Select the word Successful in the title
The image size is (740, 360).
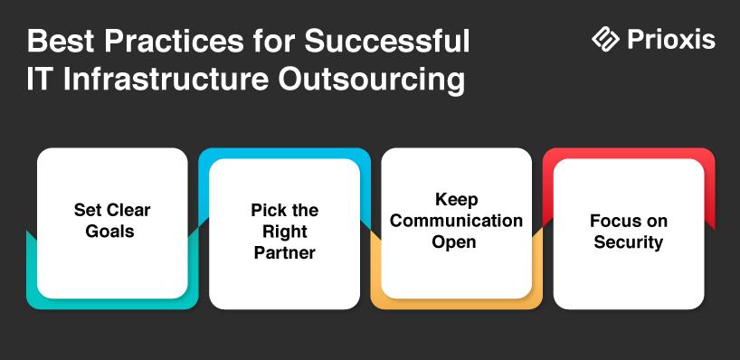tap(387, 41)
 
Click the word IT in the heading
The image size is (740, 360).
tap(38, 80)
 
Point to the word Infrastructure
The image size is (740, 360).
tap(166, 80)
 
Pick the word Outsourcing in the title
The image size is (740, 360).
tap(371, 81)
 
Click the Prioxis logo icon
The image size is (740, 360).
tap(605, 38)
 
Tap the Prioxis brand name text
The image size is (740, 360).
tap(671, 39)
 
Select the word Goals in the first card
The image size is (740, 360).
tap(110, 232)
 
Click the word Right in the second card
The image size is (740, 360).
tap(285, 232)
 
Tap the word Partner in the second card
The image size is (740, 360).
tap(285, 253)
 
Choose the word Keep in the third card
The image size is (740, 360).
tap(456, 199)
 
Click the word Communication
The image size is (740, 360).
tap(456, 221)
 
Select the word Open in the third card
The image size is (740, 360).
tap(454, 243)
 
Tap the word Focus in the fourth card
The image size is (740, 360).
tap(613, 221)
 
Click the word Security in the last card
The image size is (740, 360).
tap(628, 242)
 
